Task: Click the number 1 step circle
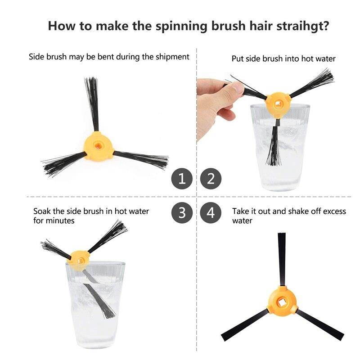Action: click(x=182, y=179)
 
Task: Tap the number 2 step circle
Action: click(x=211, y=179)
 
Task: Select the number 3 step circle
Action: click(x=182, y=212)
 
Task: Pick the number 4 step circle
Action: click(x=211, y=212)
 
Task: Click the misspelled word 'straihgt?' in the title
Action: click(x=302, y=26)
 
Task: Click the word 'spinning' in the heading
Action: click(x=181, y=26)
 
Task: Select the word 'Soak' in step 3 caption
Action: click(x=42, y=211)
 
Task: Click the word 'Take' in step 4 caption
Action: click(x=240, y=211)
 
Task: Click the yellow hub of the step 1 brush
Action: click(x=99, y=146)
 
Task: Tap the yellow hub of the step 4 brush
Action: click(x=283, y=301)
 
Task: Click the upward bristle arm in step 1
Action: click(x=92, y=104)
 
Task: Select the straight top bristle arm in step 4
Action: click(x=282, y=260)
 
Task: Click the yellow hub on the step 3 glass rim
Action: click(x=78, y=261)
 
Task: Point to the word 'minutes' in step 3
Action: click(x=61, y=221)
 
